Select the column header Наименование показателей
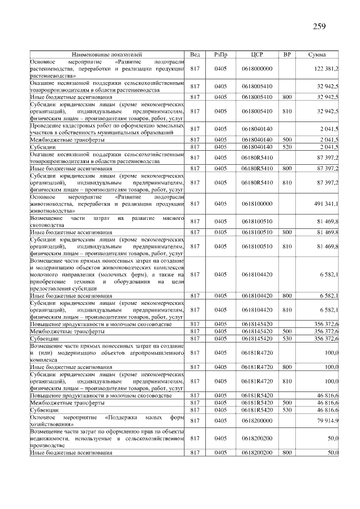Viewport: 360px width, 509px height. (107, 54)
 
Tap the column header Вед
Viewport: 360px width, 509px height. (195, 54)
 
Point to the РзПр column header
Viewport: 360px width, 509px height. (220, 54)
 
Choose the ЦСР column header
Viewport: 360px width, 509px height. (256, 54)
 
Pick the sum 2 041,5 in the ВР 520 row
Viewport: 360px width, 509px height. (328, 147)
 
